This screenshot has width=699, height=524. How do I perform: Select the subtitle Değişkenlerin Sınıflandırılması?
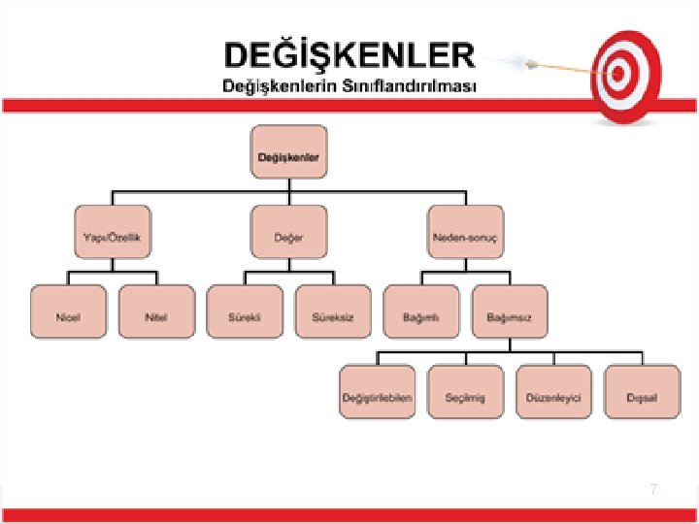[349, 85]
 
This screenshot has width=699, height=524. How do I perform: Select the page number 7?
[653, 490]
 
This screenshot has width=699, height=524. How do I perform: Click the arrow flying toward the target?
[544, 64]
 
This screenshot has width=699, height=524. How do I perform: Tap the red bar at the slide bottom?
[349, 515]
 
